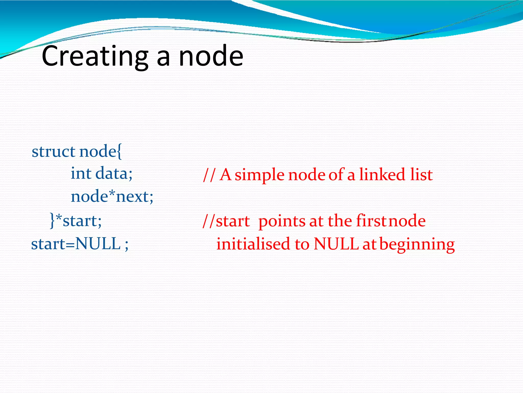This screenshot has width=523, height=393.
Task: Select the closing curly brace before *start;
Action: pos(52,221)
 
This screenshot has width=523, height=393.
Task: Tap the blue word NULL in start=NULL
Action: pos(98,244)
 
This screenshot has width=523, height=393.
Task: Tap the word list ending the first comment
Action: pos(422,175)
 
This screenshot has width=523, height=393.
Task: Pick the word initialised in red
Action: pos(253,244)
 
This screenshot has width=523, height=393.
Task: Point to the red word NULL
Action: pos(336,244)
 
